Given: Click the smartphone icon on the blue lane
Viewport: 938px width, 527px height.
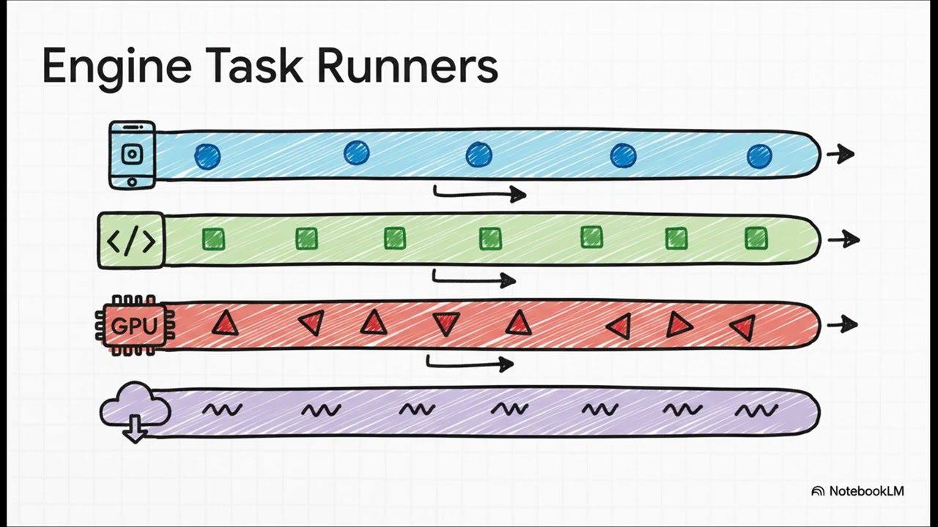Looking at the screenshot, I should tap(132, 154).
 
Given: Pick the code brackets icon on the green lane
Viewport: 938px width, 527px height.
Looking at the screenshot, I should tap(132, 240).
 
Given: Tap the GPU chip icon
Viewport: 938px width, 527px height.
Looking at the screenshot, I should tap(134, 326).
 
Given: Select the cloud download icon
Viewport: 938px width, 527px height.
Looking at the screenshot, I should tap(133, 412).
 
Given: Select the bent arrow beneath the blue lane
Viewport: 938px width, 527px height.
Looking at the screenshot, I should tap(479, 194).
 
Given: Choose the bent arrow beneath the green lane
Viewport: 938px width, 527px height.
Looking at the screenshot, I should tap(474, 279).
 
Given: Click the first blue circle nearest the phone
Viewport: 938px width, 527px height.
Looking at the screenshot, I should tap(207, 156).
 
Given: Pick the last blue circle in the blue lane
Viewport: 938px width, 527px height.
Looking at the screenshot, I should tap(759, 156).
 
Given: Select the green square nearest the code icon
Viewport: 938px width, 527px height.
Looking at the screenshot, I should tap(213, 239).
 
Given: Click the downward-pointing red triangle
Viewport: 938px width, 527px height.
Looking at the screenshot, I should tap(446, 324).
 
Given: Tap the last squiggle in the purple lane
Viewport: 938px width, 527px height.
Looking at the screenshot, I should tap(756, 411).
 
